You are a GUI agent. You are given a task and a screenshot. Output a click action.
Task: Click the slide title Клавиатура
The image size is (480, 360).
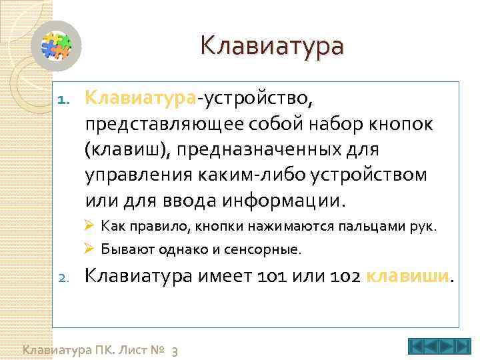pos(272,47)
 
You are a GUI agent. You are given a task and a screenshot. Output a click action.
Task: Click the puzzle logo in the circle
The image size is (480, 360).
pos(57,46)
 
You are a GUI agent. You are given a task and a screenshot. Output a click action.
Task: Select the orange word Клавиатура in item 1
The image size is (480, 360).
pos(140,99)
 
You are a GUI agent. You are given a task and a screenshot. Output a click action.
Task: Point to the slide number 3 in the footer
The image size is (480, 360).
pos(174,351)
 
